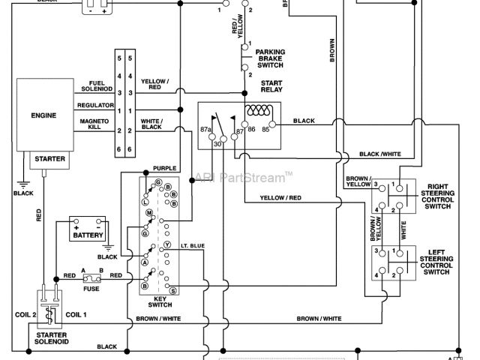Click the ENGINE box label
pyautogui.click(x=43, y=116)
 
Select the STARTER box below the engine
pyautogui.click(x=49, y=159)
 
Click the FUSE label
pyautogui.click(x=92, y=288)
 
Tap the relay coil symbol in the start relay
pyautogui.click(x=262, y=110)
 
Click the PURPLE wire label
pyautogui.click(x=164, y=168)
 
